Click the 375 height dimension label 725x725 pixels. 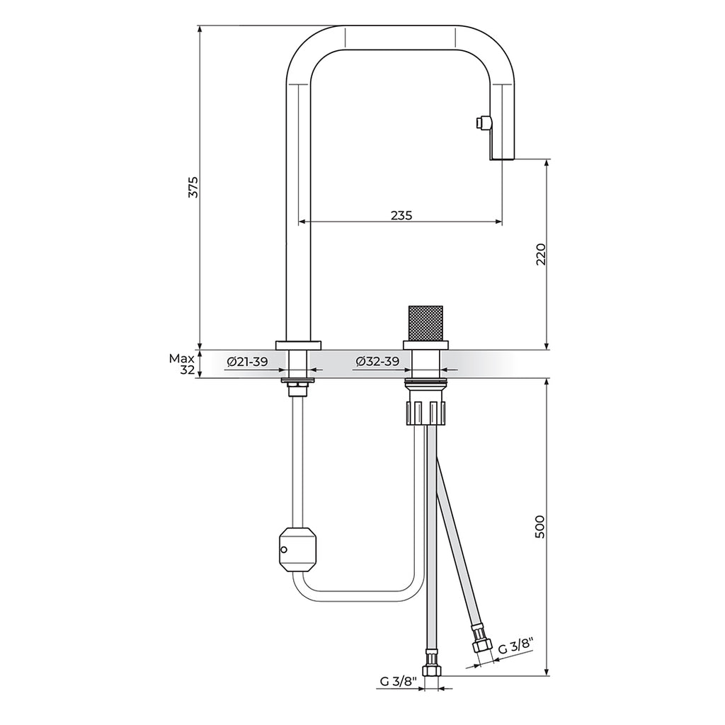click(x=194, y=187)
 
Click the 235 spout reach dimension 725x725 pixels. click(x=401, y=215)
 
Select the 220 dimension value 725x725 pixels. click(x=540, y=254)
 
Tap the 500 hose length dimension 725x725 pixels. click(x=540, y=527)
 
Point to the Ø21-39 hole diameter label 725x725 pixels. click(x=247, y=362)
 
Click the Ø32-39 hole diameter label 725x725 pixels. click(x=378, y=362)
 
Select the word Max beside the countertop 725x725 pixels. click(x=181, y=358)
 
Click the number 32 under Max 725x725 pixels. click(x=187, y=370)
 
